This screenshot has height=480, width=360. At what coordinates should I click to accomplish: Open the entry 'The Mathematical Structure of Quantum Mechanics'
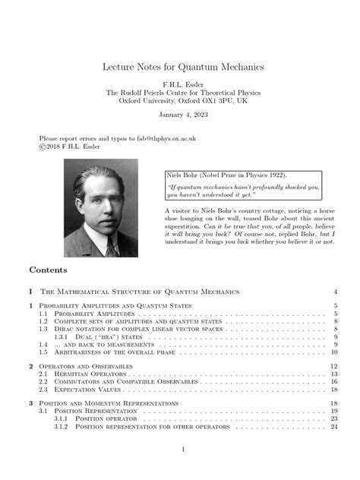coord(141,292)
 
